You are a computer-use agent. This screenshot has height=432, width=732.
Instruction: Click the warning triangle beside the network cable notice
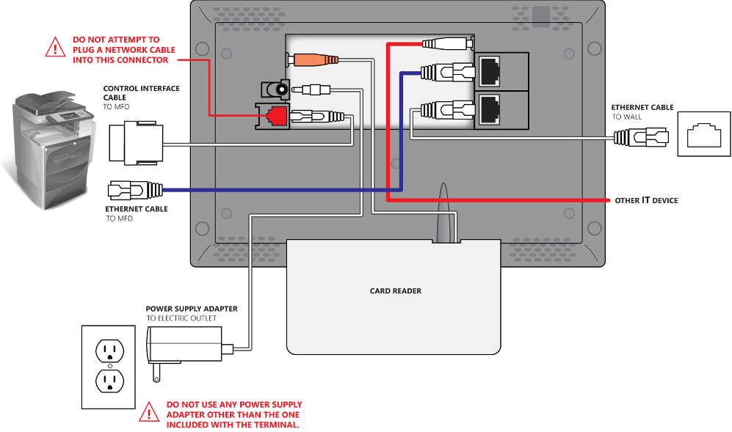click(55, 48)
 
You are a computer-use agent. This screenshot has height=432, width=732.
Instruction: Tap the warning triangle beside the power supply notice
click(149, 413)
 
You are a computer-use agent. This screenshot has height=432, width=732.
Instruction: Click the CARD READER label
click(395, 291)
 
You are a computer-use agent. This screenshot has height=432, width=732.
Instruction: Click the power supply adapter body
click(185, 343)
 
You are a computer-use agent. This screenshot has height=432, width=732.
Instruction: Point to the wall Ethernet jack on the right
click(703, 135)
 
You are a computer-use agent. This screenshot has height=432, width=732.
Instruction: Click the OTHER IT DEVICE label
click(646, 200)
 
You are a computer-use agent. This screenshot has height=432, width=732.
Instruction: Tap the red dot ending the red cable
click(607, 199)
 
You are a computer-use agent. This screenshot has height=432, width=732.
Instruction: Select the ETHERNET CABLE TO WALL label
click(642, 112)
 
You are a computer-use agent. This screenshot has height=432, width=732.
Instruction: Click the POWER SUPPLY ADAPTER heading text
click(191, 309)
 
